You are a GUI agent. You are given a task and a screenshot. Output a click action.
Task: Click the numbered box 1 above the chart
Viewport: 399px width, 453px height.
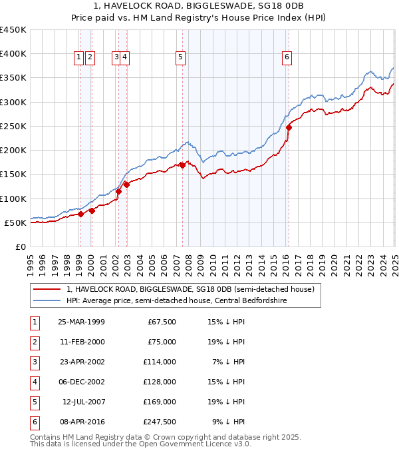coord(79,58)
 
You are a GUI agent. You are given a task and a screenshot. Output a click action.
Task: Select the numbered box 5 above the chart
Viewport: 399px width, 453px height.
coord(181,58)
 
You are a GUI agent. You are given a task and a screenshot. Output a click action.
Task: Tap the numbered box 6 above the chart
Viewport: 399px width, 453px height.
coord(287,58)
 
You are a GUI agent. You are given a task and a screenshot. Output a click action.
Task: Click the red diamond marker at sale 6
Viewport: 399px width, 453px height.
coord(289,127)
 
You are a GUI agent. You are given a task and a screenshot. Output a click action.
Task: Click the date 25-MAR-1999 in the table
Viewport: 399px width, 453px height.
coord(81,322)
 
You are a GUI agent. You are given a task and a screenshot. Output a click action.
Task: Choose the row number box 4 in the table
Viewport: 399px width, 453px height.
coord(34,382)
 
